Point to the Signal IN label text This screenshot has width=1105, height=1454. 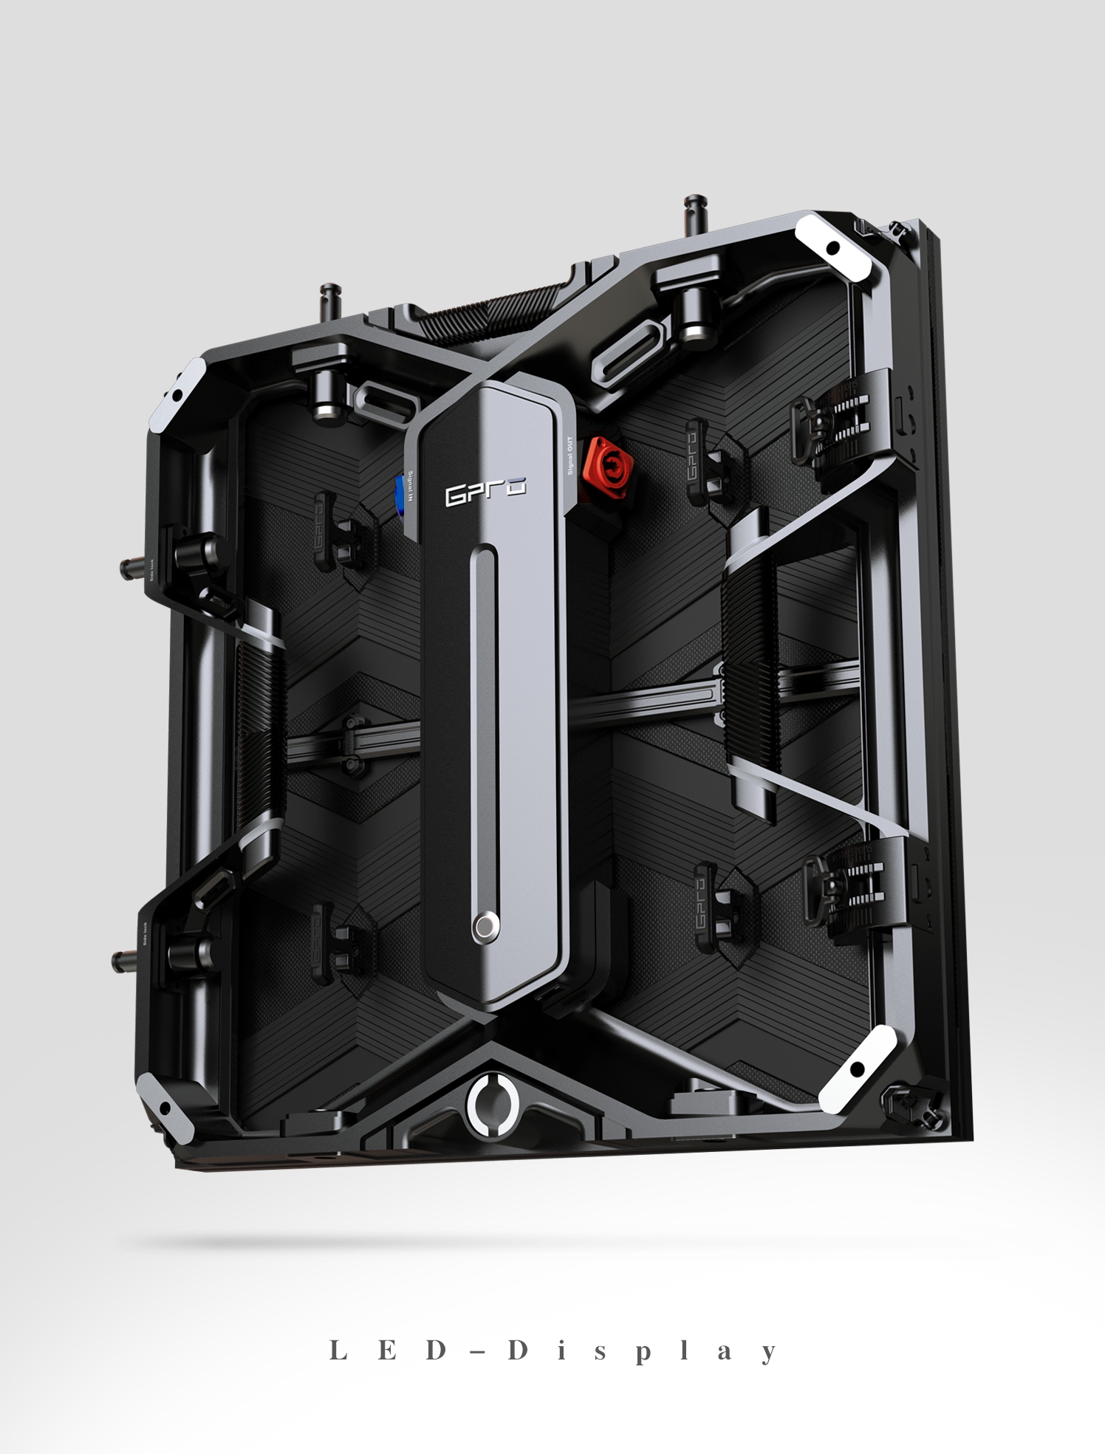click(410, 487)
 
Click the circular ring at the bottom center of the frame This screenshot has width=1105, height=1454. click(493, 1102)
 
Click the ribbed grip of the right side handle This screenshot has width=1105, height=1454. click(750, 676)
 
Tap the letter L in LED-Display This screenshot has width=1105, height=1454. click(338, 1351)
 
